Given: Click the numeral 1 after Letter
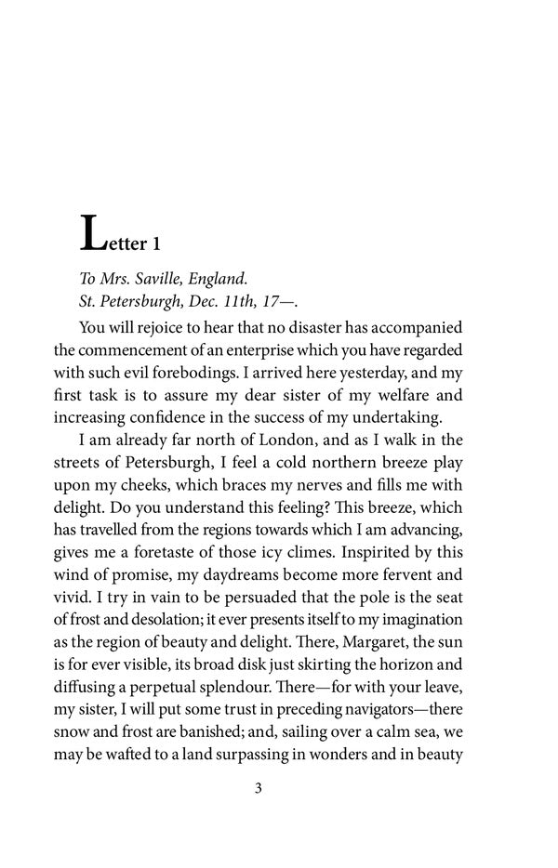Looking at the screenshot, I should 157,244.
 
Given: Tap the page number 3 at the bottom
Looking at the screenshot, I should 258,790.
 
